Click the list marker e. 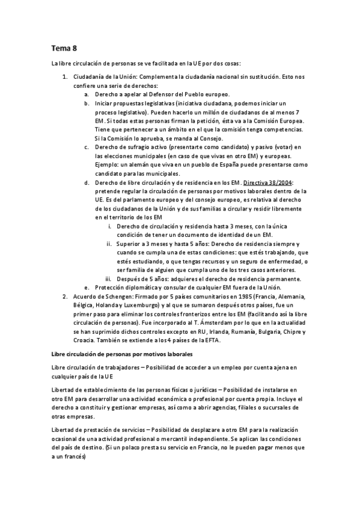pos(87,287)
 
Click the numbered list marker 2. pos(66,296)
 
